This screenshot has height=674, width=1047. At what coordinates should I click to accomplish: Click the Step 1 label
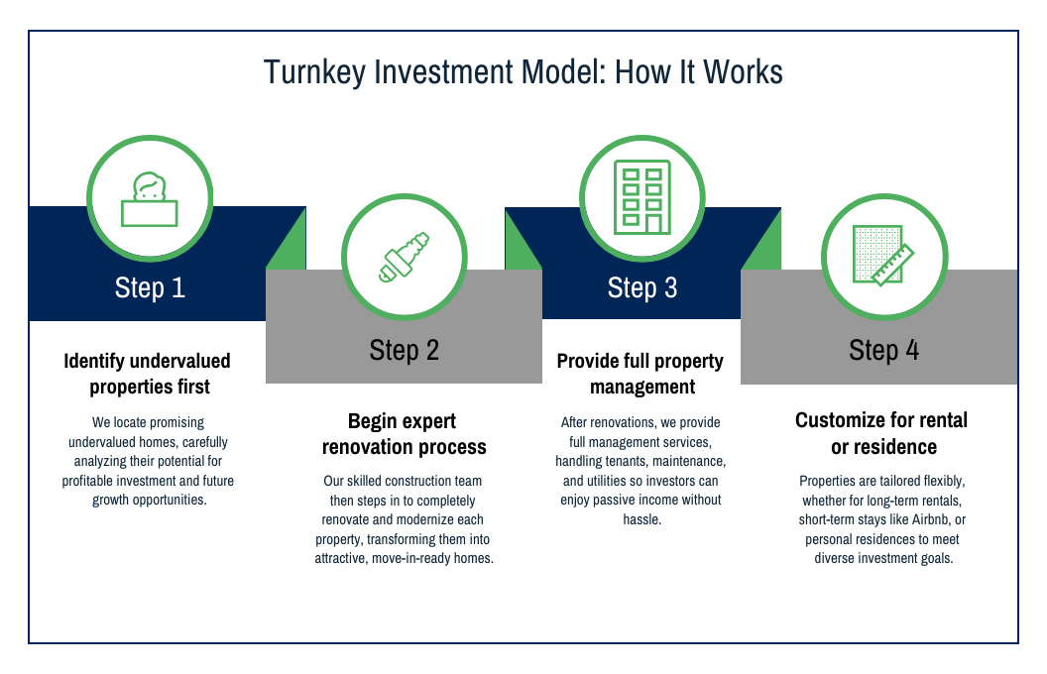click(x=150, y=287)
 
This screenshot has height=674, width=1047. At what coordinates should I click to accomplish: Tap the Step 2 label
click(x=404, y=350)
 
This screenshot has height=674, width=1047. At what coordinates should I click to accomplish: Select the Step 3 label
click(x=642, y=287)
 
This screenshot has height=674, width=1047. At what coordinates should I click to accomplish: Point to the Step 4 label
click(x=883, y=350)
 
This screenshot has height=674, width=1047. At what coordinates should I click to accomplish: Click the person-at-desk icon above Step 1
click(x=150, y=199)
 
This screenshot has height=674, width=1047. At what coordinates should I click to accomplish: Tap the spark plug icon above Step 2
click(x=404, y=257)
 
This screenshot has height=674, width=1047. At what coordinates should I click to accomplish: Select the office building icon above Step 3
click(x=642, y=197)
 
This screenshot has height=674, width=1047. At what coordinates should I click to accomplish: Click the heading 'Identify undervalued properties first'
click(x=148, y=374)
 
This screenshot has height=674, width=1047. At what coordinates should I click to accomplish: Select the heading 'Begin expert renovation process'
click(x=404, y=434)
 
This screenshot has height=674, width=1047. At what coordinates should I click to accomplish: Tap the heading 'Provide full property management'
click(x=640, y=374)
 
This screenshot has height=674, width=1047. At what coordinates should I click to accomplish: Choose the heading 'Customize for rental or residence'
click(x=882, y=433)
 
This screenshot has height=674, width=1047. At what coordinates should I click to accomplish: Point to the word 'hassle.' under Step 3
click(x=642, y=519)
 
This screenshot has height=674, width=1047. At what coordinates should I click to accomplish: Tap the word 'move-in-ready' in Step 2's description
click(x=410, y=559)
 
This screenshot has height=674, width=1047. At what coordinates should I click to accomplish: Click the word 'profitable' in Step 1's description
click(x=89, y=481)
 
